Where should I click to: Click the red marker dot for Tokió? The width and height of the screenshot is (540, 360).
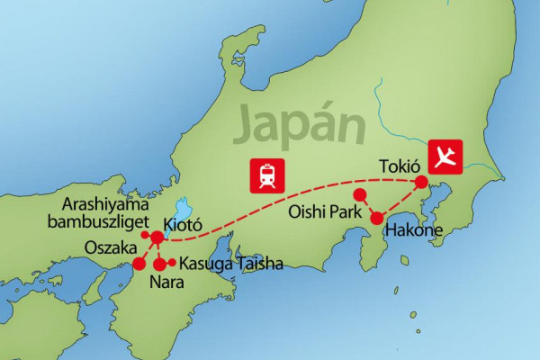[x=421, y=183]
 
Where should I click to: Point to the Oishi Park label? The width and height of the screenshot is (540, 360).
[x=325, y=213]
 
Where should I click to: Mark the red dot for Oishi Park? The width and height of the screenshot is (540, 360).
[x=359, y=194]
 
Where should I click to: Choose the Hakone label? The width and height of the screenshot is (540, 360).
[x=414, y=231]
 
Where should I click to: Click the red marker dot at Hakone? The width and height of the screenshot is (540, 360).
[x=378, y=217]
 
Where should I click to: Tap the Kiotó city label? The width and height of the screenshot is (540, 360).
[x=185, y=222]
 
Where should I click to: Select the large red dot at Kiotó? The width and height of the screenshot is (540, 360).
[x=157, y=238]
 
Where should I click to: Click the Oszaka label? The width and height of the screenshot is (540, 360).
[x=109, y=246]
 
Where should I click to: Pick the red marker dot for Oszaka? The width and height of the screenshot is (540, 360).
[x=139, y=264]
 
